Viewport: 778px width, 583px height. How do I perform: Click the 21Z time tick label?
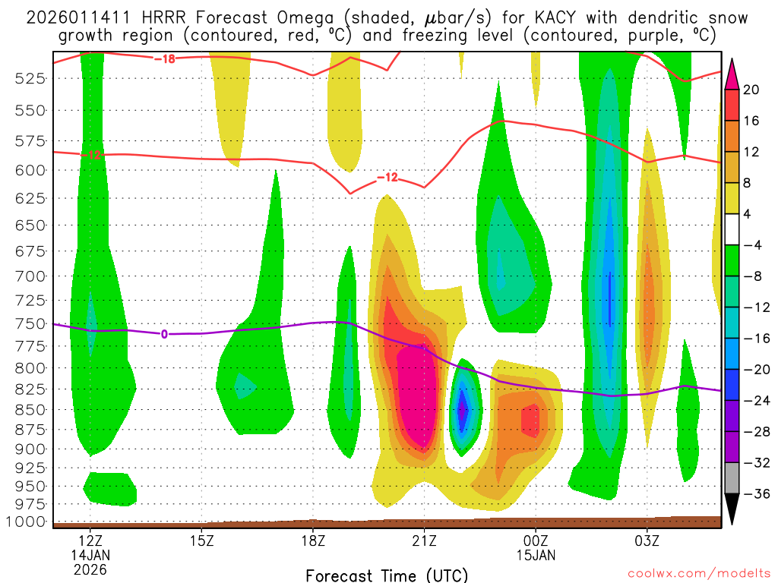point(424,541)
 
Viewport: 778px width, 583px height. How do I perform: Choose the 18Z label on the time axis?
point(313,541)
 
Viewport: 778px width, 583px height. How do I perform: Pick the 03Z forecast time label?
point(647,541)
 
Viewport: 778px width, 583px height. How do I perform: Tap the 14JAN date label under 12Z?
point(90,555)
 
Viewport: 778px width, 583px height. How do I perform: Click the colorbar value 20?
point(751,90)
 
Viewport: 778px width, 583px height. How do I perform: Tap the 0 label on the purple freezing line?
point(163,334)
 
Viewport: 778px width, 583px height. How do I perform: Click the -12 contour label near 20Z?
point(387,178)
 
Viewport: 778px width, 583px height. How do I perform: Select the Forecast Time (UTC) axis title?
point(387,575)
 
